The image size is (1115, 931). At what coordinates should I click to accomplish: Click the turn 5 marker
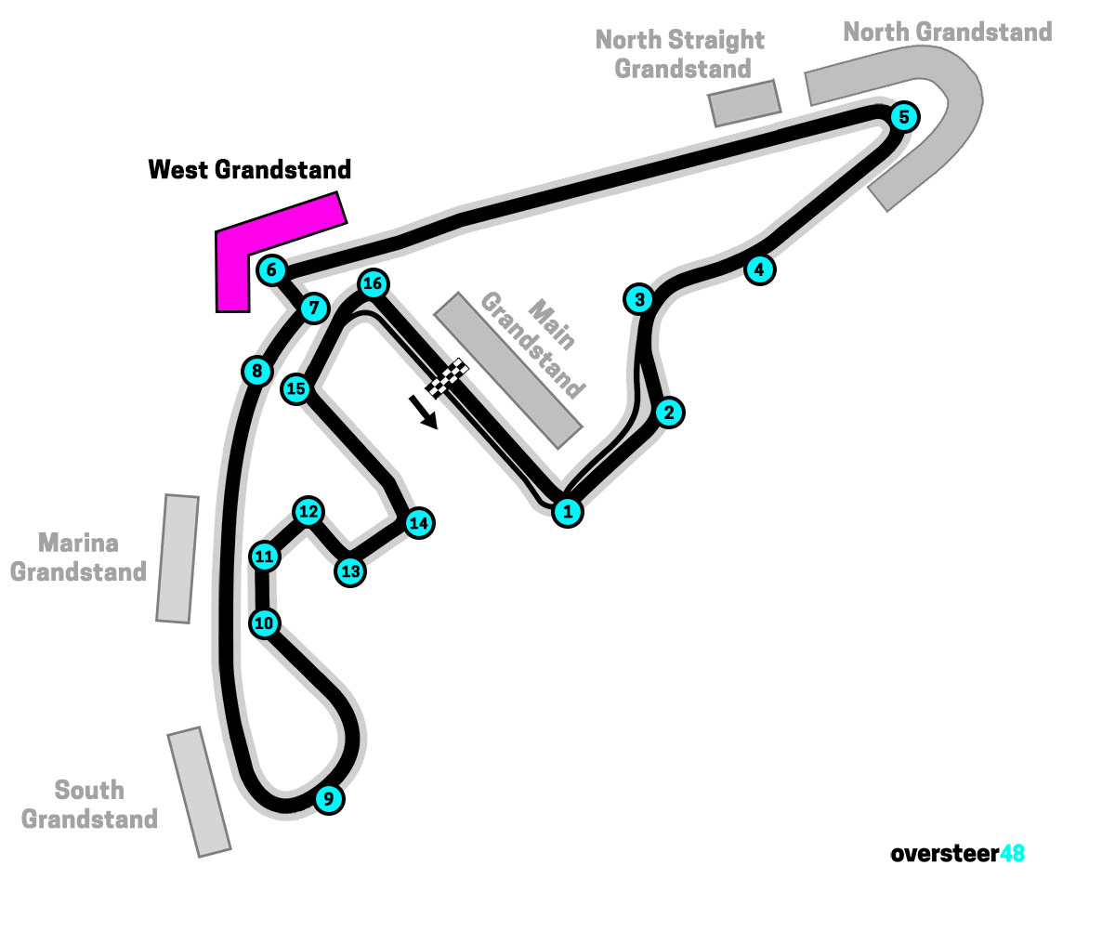click(903, 117)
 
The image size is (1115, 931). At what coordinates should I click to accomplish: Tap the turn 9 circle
click(328, 798)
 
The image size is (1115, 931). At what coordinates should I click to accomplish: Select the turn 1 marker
click(568, 510)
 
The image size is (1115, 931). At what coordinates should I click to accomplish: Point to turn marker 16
click(373, 283)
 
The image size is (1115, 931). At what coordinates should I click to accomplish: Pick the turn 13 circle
click(350, 570)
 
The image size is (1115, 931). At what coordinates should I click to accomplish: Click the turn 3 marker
click(639, 299)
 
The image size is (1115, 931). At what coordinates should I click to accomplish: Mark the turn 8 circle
click(256, 372)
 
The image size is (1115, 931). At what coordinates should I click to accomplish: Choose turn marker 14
click(419, 522)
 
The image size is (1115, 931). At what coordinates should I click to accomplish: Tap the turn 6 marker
click(271, 270)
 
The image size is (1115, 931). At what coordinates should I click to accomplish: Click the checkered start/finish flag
click(448, 376)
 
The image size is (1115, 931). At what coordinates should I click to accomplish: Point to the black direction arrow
click(423, 411)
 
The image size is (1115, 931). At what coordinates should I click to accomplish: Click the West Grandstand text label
click(250, 170)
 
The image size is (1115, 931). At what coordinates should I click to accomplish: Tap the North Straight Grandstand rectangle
click(743, 102)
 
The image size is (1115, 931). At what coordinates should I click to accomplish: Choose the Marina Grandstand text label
click(79, 557)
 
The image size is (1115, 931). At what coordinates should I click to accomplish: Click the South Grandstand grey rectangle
click(199, 792)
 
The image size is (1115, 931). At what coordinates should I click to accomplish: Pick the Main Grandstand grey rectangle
click(508, 370)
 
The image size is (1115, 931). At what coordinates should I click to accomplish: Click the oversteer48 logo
click(957, 853)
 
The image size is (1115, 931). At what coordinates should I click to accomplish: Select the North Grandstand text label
click(948, 32)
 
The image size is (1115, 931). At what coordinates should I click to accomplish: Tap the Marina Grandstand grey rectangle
click(177, 558)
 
